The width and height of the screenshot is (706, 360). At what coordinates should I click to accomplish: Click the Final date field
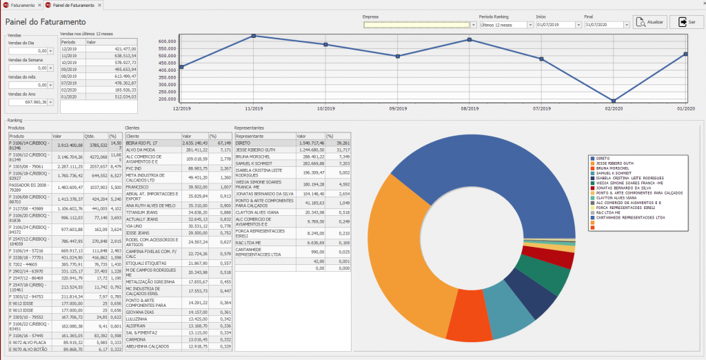(603, 24)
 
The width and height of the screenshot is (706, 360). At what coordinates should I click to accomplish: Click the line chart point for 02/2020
(614, 101)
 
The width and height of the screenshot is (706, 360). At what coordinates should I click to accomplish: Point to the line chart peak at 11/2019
(254, 36)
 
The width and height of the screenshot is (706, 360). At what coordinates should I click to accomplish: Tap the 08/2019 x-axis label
(470, 109)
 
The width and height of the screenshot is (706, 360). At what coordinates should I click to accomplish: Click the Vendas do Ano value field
(27, 102)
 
